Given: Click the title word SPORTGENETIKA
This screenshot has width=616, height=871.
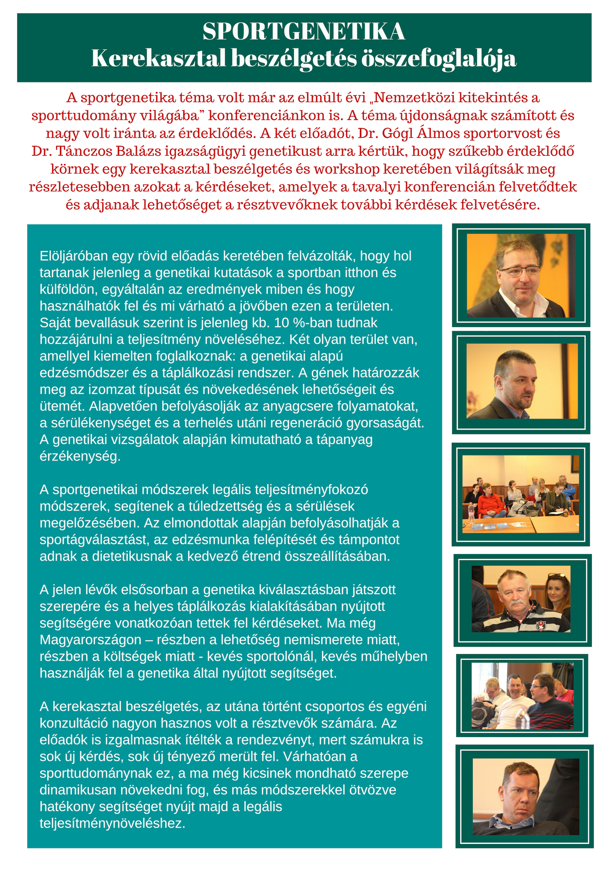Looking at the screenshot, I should (x=304, y=32).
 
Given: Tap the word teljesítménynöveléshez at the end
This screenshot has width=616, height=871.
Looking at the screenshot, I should (x=113, y=823).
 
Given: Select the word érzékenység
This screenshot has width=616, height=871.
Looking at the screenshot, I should (x=80, y=456).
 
